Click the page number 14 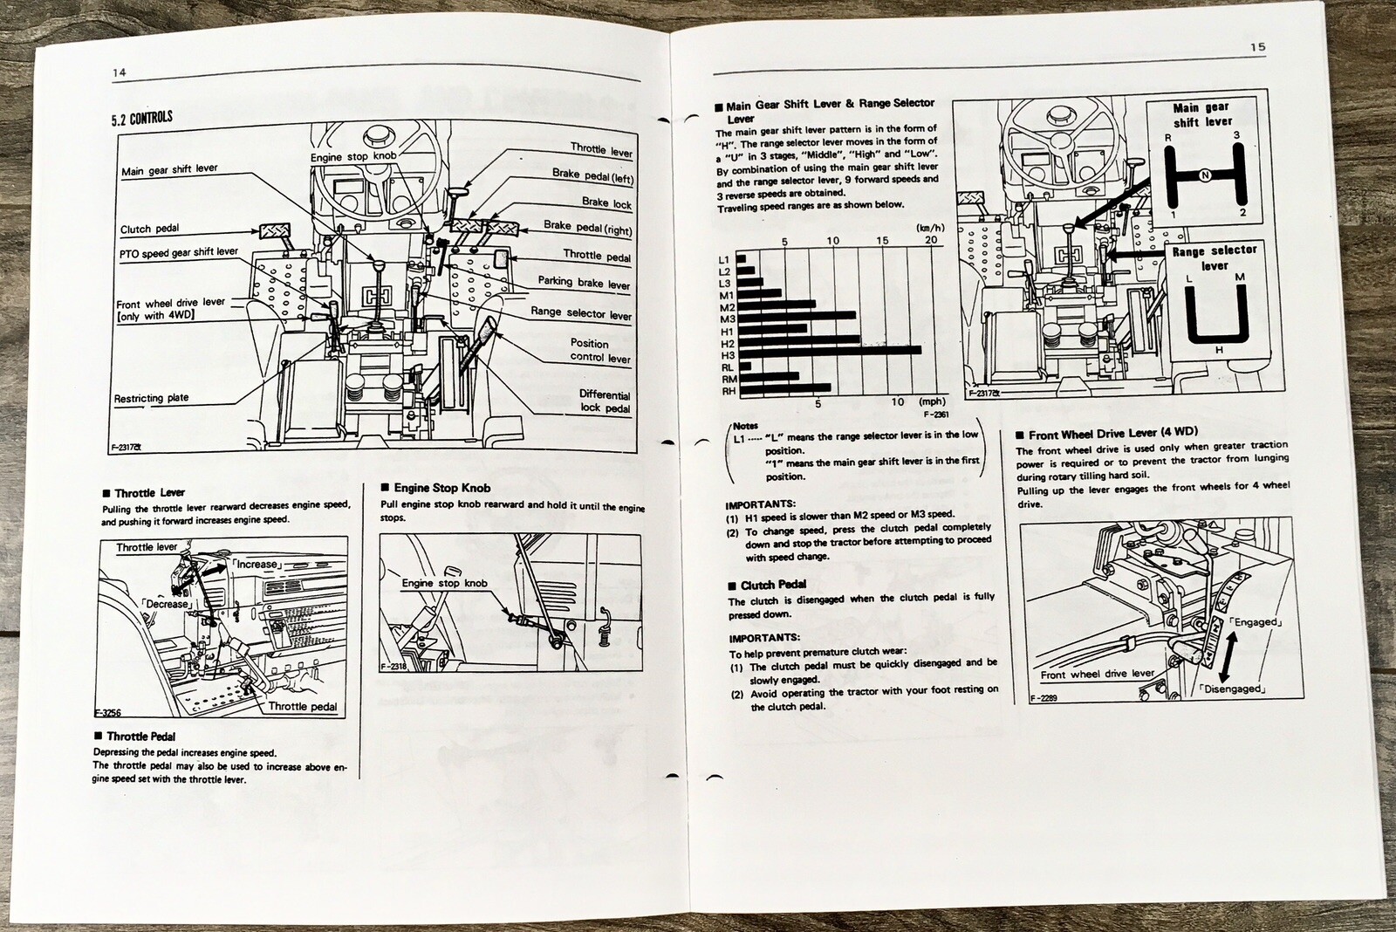(120, 72)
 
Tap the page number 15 (1257, 47)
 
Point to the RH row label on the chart (728, 392)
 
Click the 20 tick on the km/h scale (931, 240)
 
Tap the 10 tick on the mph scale (899, 402)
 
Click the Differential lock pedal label (604, 401)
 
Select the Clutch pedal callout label (149, 230)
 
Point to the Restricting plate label (151, 399)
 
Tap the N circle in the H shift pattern (1205, 175)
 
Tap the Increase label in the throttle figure (257, 564)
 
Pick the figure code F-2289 (1044, 698)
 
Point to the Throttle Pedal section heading (140, 737)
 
